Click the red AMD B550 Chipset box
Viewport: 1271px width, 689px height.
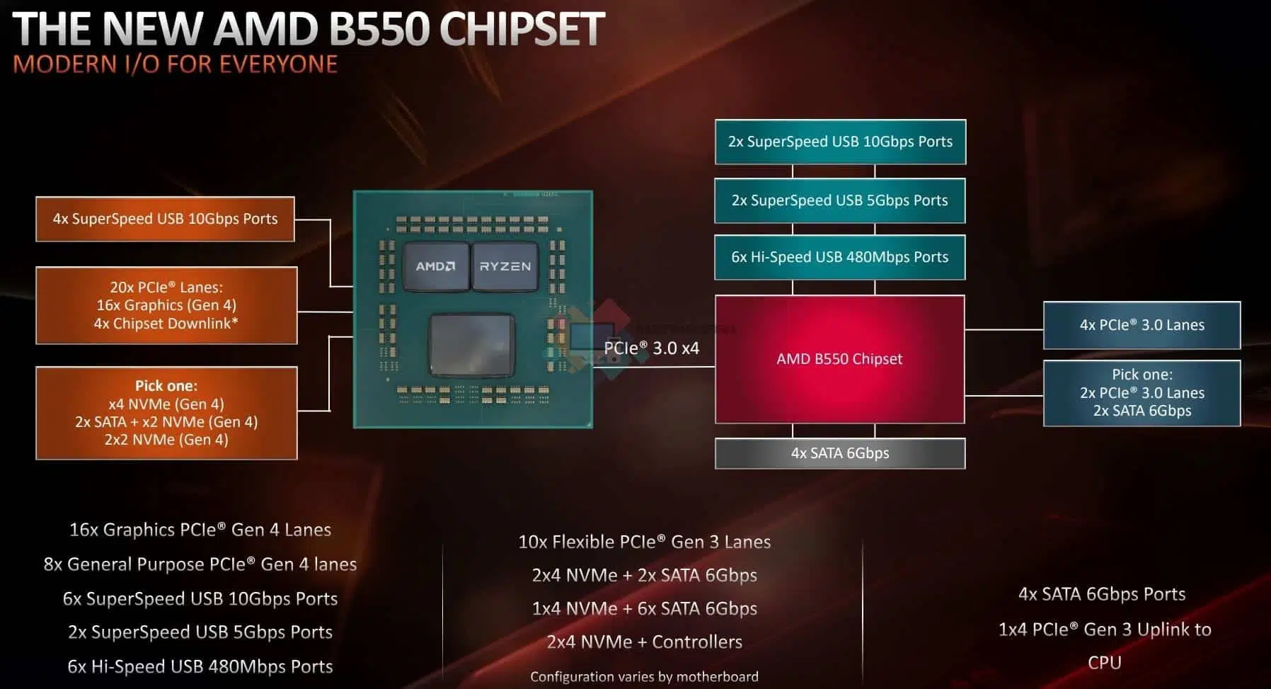pos(840,359)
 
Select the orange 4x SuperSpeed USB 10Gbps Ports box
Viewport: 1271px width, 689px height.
pos(165,219)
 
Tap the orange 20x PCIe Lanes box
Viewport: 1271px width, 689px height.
pos(166,305)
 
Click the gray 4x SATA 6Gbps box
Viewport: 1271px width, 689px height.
pos(840,453)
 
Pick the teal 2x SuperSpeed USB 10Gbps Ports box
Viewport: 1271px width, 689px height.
pos(840,142)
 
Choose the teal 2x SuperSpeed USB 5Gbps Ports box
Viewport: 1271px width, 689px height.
pos(840,200)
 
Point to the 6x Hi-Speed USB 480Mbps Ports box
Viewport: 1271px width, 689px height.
pos(840,257)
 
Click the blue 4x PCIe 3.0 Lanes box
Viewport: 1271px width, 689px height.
pos(1141,325)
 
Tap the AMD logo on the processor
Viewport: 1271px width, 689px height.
pos(435,266)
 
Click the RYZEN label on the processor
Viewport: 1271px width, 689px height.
pos(505,266)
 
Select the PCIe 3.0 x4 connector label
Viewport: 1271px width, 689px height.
pos(651,348)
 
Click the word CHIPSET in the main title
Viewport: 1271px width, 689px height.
pos(522,29)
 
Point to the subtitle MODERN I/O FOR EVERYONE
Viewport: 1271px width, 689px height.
pos(176,64)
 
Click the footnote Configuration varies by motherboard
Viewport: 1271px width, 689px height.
pos(644,677)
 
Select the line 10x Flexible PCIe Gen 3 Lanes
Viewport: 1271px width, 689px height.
pos(644,542)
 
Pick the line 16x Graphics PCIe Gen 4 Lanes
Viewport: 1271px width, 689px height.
pos(200,530)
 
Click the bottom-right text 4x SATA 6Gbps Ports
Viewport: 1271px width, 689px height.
pos(1102,594)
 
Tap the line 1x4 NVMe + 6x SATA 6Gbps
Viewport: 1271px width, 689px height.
pos(644,608)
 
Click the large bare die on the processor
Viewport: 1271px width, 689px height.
pos(471,346)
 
